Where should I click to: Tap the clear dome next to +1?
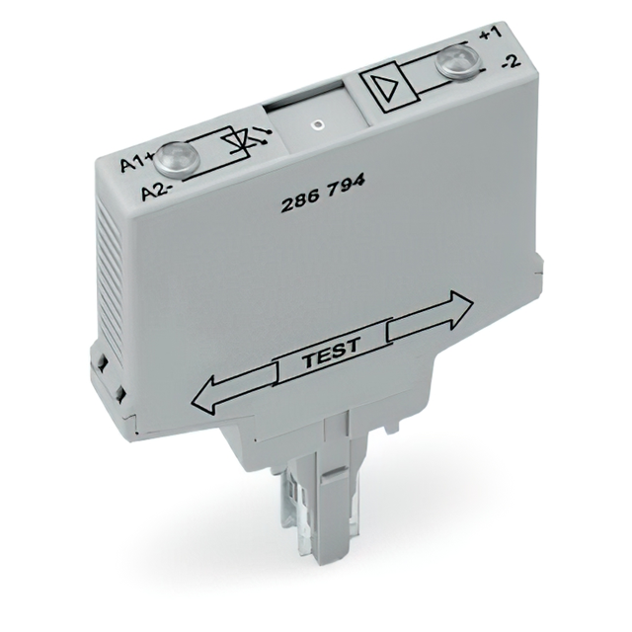tap(457, 61)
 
